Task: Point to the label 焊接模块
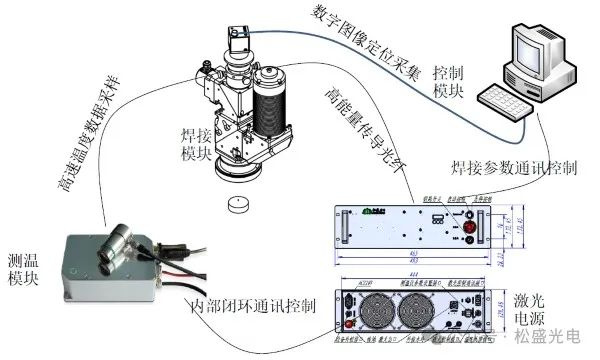point(196,142)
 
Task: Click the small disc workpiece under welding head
point(237,205)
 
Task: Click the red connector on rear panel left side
point(348,311)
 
